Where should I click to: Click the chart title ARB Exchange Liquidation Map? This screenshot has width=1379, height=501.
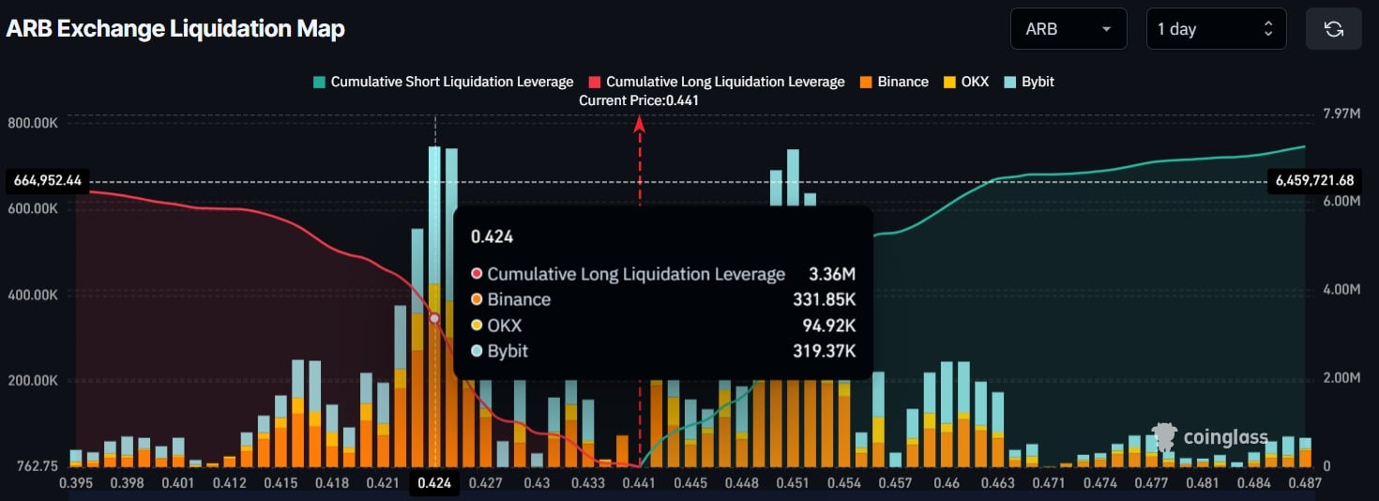(x=175, y=29)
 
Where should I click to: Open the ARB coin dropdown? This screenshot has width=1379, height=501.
(x=1068, y=29)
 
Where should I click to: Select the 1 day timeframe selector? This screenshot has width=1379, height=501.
(x=1215, y=29)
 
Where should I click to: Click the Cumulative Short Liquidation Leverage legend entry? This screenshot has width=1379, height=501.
(x=443, y=82)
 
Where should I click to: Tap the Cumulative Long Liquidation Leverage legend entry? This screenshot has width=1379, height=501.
(x=717, y=82)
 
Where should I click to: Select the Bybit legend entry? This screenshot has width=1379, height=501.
(x=1029, y=82)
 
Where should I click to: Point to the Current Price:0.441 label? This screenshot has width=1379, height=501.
(x=639, y=100)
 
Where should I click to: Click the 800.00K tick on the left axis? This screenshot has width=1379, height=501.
(x=33, y=122)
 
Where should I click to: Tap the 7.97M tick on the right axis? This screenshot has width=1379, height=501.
(x=1341, y=114)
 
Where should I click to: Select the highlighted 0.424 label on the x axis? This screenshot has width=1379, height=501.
(x=434, y=483)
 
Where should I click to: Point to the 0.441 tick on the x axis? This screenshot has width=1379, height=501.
(x=639, y=483)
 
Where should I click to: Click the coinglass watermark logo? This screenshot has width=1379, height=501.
(x=1211, y=437)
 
